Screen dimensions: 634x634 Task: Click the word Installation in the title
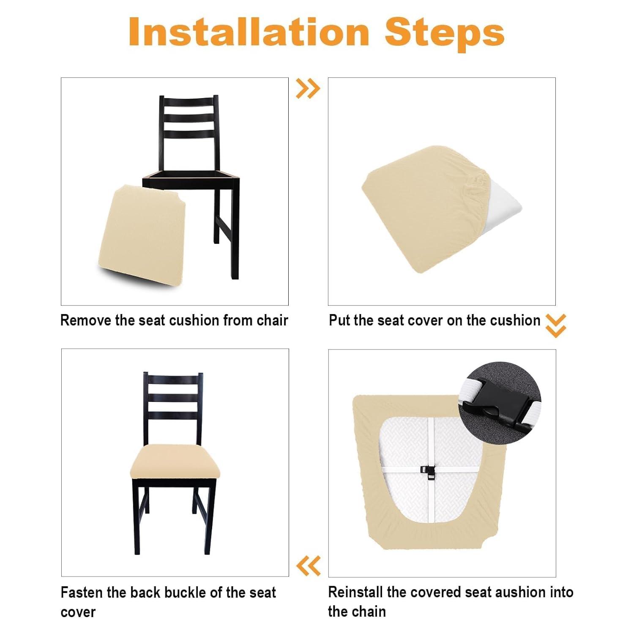click(249, 33)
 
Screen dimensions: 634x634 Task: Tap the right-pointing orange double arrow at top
click(308, 88)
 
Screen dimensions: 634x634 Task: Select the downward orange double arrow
click(556, 325)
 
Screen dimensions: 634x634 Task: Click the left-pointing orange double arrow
click(309, 566)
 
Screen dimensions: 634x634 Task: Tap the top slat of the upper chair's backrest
click(189, 103)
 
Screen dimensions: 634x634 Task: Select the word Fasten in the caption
click(82, 593)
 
